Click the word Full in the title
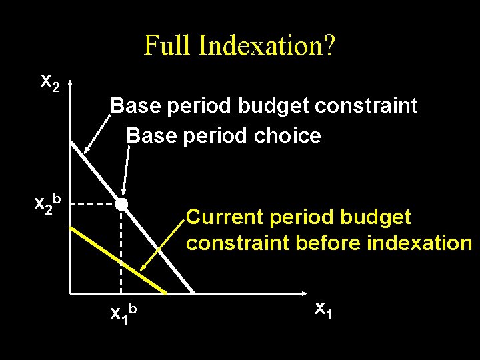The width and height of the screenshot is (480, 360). [x=168, y=46]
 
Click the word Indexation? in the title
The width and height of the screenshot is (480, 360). [x=267, y=46]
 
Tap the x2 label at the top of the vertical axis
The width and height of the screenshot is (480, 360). [x=50, y=82]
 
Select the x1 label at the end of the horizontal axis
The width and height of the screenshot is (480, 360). [x=323, y=309]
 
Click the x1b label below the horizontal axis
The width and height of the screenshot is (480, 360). [x=124, y=311]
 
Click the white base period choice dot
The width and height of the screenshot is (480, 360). [x=121, y=204]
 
